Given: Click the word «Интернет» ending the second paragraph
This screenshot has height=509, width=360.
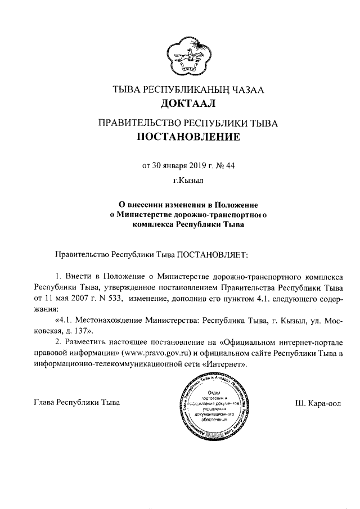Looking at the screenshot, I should pyautogui.click(x=227, y=364).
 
